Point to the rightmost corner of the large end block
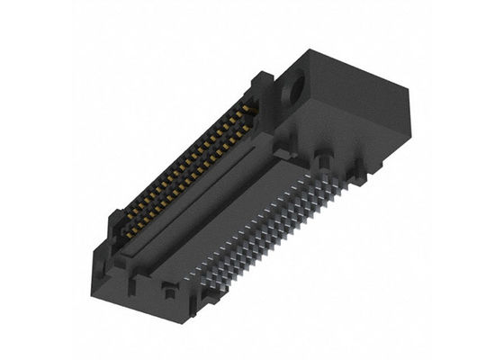coord(409,93)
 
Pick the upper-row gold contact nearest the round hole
coord(253,110)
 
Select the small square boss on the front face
coord(167,289)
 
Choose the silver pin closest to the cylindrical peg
coord(315,180)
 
